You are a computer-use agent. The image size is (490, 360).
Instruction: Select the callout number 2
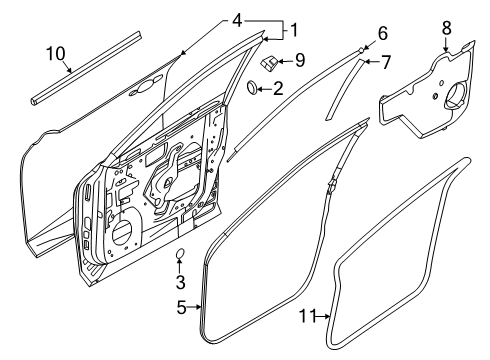click(x=277, y=90)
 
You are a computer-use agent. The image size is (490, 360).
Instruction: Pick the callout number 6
click(x=381, y=32)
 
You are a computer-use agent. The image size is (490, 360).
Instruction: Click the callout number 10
click(x=56, y=52)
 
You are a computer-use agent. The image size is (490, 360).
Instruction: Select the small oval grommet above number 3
click(x=181, y=254)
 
